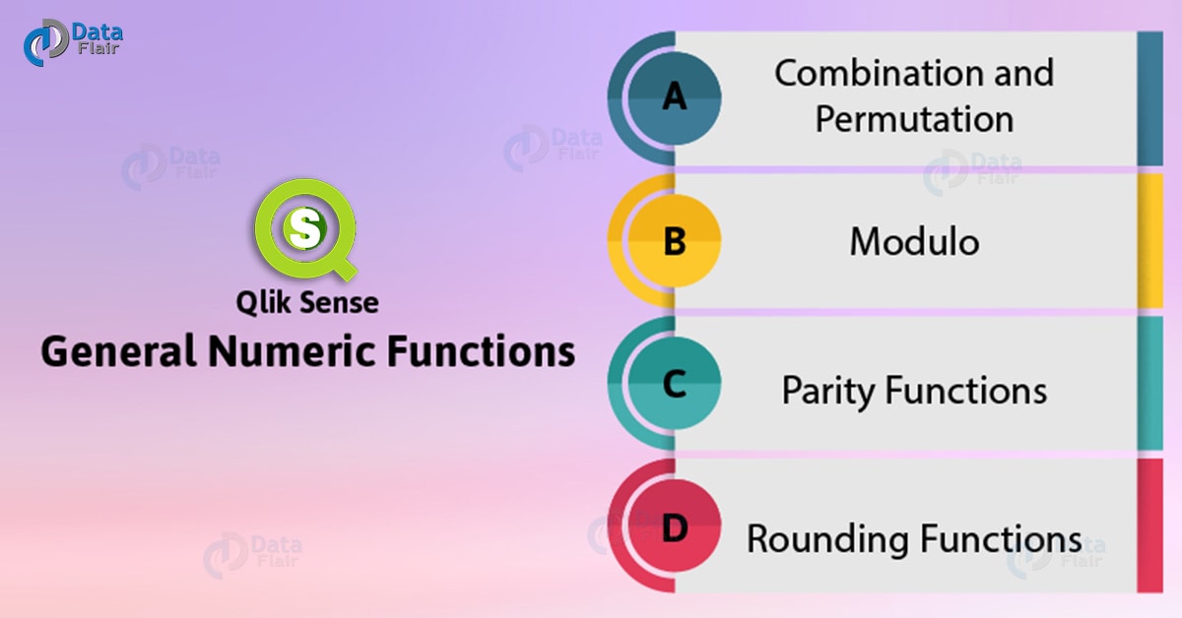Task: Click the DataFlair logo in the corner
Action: point(73,42)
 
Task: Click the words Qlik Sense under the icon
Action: point(307,303)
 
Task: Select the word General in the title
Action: point(119,351)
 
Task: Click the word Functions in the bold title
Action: point(481,351)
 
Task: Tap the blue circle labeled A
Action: point(675,98)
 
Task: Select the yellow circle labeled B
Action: point(675,241)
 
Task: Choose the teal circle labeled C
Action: point(675,384)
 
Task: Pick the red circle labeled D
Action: point(675,526)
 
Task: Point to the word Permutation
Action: point(914,119)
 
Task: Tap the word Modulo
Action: point(914,242)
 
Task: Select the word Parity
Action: point(828,392)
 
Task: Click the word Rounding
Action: point(828,539)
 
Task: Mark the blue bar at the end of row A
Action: point(1150,98)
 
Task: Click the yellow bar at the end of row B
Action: point(1150,241)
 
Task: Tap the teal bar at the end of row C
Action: point(1150,384)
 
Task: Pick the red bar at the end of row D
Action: point(1150,525)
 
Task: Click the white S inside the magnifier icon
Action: point(305,228)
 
